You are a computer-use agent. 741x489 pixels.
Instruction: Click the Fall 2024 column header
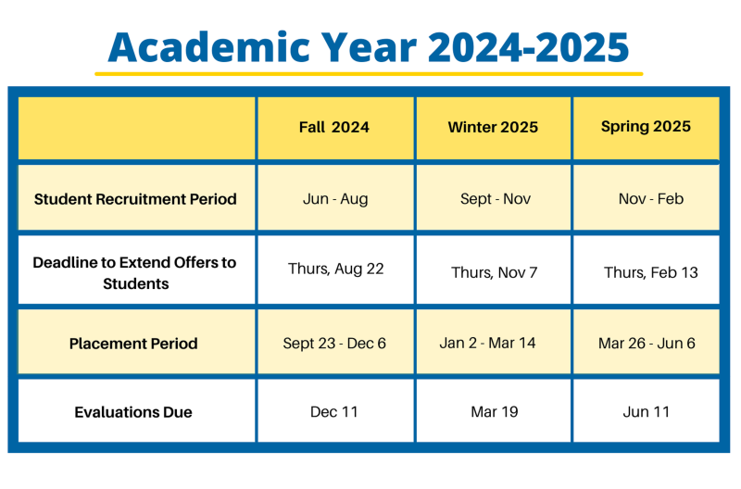point(334,127)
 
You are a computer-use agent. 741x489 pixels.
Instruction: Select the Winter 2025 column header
point(493,127)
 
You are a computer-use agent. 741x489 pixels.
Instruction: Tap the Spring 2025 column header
point(646,127)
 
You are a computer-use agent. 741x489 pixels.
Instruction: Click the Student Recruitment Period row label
point(135,199)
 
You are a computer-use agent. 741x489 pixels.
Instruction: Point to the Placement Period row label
point(133,344)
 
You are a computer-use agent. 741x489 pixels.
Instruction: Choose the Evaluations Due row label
point(133,412)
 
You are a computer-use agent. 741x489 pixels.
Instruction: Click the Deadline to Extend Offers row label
point(134,272)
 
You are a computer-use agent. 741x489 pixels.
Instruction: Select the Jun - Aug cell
point(335,199)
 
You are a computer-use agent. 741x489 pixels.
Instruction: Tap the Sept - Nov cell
point(496,199)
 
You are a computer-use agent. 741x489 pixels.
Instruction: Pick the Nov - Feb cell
point(651,198)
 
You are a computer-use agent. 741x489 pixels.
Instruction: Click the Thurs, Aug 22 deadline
point(335,269)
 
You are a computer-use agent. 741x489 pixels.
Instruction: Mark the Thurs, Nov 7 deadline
point(494,272)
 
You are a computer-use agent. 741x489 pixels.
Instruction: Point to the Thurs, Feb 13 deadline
point(651,272)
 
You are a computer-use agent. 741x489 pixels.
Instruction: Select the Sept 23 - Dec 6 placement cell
point(334,344)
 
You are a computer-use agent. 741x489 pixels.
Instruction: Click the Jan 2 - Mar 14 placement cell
point(487,343)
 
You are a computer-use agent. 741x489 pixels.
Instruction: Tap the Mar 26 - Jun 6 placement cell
point(647,344)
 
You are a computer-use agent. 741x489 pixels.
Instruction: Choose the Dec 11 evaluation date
point(333,412)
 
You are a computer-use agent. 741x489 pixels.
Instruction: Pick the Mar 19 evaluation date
point(495,412)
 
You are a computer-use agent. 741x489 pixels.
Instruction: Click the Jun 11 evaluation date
point(646,412)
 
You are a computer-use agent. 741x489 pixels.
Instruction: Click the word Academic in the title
point(209,47)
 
